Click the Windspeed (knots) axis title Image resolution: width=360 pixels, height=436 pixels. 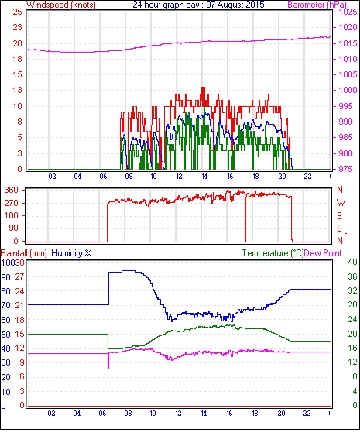[61, 5]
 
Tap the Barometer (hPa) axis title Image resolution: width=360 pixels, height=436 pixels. [317, 5]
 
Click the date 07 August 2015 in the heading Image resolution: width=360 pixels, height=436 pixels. [235, 5]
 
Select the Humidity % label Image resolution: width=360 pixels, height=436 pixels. [71, 253]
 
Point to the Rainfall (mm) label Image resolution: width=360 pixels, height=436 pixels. [24, 253]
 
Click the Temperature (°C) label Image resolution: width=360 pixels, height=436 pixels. [273, 253]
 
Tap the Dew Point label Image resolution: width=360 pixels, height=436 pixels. [323, 253]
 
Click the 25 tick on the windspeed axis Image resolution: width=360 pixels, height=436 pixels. [18, 12]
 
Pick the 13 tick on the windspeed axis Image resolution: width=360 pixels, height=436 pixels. [18, 90]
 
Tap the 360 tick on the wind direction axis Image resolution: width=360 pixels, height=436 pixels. [12, 191]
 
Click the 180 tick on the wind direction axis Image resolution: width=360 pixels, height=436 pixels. [12, 215]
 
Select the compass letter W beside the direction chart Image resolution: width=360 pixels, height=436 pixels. [341, 203]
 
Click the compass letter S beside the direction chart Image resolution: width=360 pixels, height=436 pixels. [340, 215]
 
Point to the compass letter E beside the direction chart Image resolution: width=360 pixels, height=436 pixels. [339, 228]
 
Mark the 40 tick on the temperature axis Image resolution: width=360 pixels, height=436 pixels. [352, 262]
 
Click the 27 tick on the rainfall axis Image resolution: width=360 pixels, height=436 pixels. [19, 276]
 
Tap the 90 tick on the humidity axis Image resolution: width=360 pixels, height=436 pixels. [6, 277]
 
